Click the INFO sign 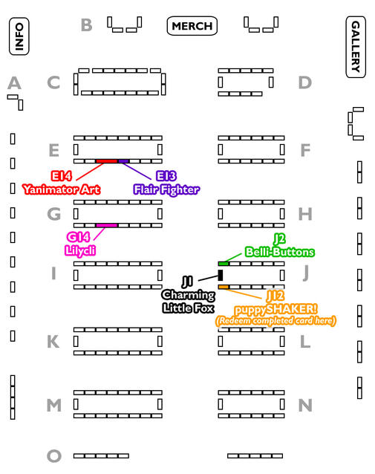19,36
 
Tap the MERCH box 192,26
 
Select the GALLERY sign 356,47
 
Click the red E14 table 107,161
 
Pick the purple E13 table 123,161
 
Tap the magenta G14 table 107,226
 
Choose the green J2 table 224,264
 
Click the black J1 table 221,275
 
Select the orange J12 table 224,287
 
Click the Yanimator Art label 62,189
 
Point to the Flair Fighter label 166,190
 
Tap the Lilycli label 80,251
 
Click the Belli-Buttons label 280,252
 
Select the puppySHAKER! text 276,310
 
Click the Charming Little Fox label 189,302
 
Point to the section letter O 54,456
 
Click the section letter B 86,25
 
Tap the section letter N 305,406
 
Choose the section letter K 53,342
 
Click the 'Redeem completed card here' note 275,321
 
